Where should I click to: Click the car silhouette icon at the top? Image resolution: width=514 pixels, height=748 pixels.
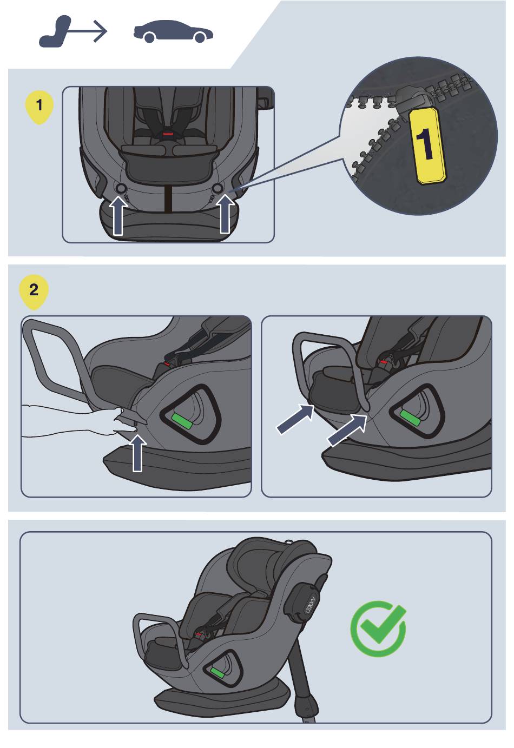pos(173,32)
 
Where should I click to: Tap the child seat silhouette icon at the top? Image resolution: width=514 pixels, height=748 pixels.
pos(55,32)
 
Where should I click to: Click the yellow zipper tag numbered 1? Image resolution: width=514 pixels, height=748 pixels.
pos(428,145)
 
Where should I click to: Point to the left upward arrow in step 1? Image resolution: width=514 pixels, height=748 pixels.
pos(118,215)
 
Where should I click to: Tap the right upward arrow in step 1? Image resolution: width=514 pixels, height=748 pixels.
pos(226,214)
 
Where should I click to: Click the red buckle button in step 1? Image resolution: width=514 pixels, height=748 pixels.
pos(168,134)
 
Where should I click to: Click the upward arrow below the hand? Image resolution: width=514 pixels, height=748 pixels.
pos(137,453)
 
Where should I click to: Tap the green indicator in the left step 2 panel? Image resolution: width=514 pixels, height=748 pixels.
pos(182,421)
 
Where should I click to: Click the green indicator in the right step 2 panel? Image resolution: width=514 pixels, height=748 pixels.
pos(410,418)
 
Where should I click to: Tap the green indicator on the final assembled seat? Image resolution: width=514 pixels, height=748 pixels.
pos(217,673)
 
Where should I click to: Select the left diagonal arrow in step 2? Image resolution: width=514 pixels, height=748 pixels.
pos(295,419)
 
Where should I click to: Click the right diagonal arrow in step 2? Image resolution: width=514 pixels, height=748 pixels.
pos(347,430)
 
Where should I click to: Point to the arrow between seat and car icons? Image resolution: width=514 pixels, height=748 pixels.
pos(88,31)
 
